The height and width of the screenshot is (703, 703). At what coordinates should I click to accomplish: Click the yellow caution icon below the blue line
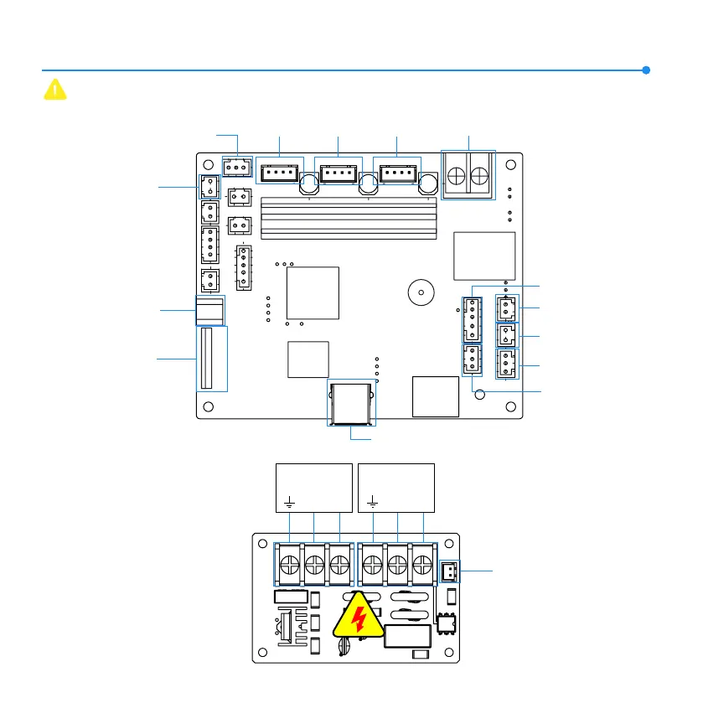click(54, 90)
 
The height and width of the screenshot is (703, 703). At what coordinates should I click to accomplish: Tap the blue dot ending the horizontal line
click(646, 70)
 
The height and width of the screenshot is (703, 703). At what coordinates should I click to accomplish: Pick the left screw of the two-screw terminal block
click(457, 176)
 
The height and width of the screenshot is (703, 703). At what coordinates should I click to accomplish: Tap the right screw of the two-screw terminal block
click(480, 176)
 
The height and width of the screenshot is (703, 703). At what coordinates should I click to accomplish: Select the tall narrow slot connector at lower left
click(211, 358)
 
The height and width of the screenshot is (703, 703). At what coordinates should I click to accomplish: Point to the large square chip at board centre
click(313, 292)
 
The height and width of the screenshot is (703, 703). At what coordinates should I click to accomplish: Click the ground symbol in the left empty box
click(290, 503)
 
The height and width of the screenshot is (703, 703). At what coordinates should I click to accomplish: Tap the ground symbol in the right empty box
click(372, 503)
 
